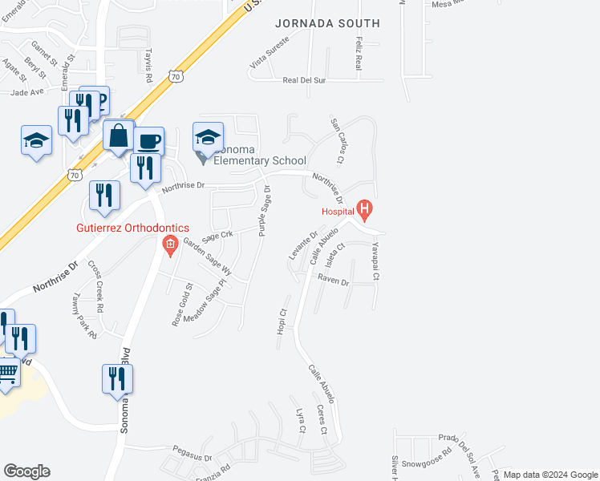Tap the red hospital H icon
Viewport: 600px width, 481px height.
coord(366,212)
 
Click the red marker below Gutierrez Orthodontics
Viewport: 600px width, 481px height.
coord(169,245)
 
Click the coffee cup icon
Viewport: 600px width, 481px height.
coord(149,141)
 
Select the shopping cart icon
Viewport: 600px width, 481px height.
coord(6,373)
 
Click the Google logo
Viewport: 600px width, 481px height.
coord(26,471)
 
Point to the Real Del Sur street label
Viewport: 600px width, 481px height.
coord(304,80)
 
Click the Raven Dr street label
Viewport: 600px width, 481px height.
coord(333,282)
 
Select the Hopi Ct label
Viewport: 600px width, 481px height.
coord(282,323)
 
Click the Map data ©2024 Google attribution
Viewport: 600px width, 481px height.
coord(549,475)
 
